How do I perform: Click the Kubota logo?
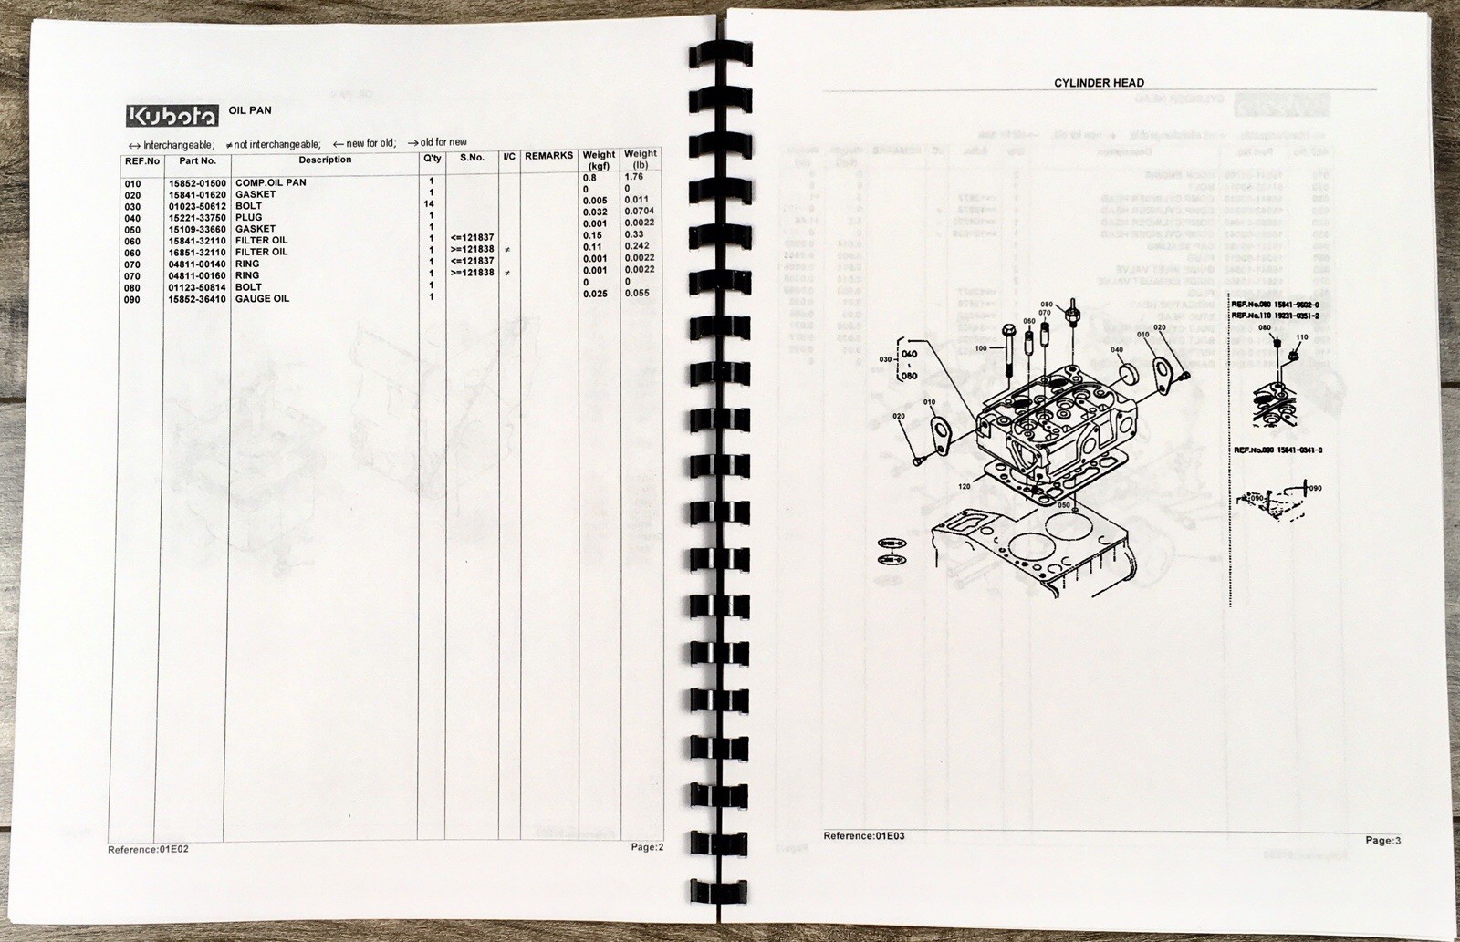click(172, 116)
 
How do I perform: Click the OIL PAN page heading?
click(249, 111)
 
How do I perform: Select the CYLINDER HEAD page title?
click(1099, 83)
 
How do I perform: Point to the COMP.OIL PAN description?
click(271, 183)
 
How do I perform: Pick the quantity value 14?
click(430, 205)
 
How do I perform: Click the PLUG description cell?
click(248, 218)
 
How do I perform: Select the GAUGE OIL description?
click(262, 299)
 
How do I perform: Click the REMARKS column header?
click(548, 157)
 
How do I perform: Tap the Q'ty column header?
click(432, 158)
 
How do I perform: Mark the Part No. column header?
click(197, 160)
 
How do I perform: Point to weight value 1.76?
click(633, 177)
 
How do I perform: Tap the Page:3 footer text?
click(1382, 841)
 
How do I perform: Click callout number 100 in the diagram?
click(981, 348)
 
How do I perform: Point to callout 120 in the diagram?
click(965, 487)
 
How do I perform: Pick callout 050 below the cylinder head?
click(1063, 504)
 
